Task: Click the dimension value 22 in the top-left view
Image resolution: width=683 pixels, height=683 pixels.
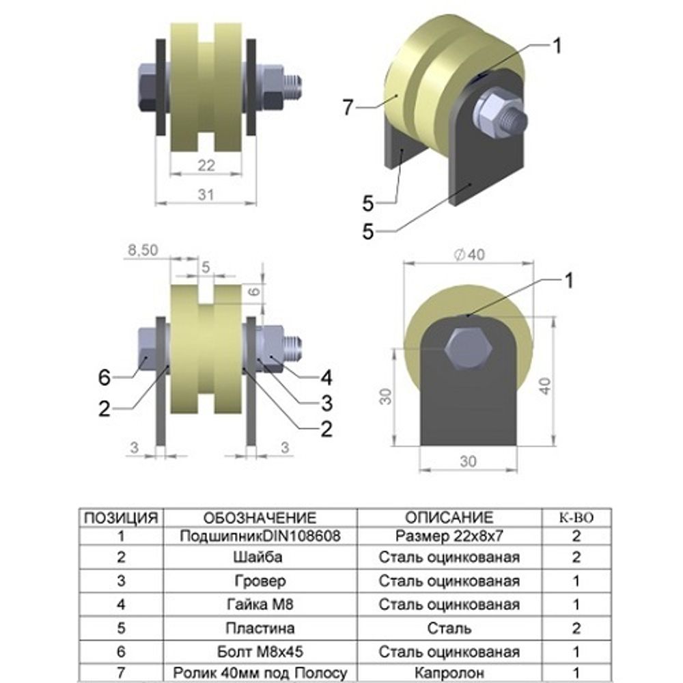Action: tap(206, 165)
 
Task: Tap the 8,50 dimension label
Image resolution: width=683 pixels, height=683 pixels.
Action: tap(143, 251)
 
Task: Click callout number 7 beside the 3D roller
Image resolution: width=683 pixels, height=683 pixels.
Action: tap(349, 107)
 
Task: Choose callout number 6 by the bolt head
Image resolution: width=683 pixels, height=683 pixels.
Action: tap(104, 376)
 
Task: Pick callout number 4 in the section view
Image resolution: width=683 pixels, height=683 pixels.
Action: tap(326, 376)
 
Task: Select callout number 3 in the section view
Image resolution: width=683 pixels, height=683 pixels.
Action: tap(326, 402)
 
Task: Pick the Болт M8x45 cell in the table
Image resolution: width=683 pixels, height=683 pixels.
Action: tap(259, 651)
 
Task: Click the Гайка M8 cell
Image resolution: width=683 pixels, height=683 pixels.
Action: tap(259, 604)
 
